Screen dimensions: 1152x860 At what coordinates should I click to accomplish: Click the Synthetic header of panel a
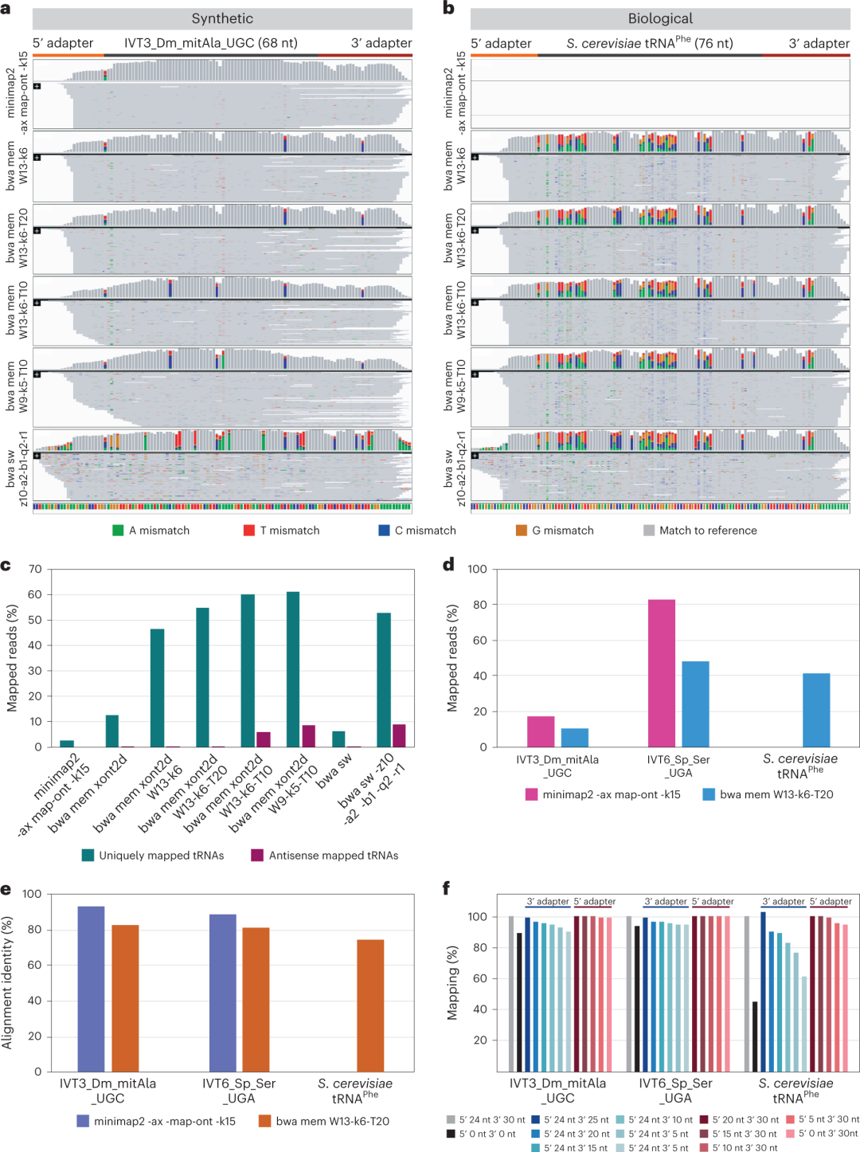(222, 18)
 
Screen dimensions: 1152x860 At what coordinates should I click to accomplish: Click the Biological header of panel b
(660, 18)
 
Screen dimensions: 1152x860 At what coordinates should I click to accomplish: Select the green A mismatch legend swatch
(118, 531)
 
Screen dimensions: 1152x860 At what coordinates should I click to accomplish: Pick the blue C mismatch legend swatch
(384, 531)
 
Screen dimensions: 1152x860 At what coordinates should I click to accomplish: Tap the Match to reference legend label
(708, 531)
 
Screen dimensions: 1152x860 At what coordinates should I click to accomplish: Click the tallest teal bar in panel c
(293, 669)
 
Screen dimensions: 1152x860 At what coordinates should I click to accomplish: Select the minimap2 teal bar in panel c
(67, 743)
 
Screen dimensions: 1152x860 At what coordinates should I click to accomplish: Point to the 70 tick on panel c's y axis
(35, 569)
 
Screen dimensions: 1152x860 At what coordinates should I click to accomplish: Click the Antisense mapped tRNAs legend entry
(333, 856)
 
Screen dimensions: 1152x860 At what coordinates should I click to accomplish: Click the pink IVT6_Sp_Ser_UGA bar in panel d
(662, 673)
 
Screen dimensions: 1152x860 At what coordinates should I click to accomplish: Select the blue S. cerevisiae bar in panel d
(816, 710)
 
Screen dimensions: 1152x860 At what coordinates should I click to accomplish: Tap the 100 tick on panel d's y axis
(478, 569)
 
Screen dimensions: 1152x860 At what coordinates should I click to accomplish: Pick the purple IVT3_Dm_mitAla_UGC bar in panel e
(91, 989)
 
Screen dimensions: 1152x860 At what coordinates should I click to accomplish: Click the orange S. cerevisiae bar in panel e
(370, 1005)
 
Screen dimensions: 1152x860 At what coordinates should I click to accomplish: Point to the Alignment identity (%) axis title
(8, 982)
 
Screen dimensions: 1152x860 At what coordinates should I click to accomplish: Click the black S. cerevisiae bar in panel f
(755, 1036)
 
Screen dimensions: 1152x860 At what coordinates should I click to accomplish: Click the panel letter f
(446, 888)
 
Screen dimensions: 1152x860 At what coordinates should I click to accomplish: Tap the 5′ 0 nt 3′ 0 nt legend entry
(487, 1134)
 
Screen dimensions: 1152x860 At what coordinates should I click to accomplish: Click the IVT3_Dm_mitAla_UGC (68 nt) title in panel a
(211, 43)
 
